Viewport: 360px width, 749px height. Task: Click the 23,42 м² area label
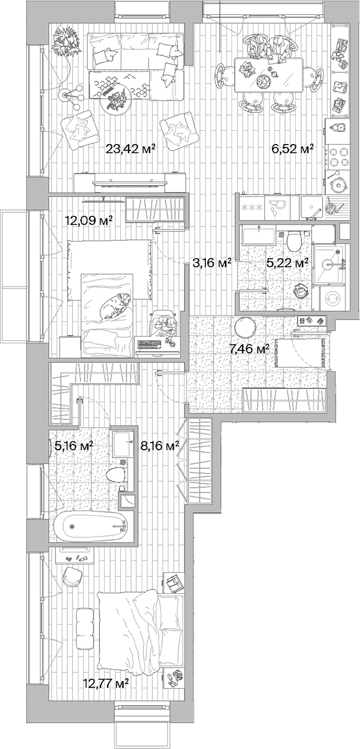pyautogui.click(x=130, y=149)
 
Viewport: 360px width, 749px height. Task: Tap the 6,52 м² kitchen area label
pyautogui.click(x=293, y=149)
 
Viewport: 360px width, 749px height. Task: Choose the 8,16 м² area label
pyautogui.click(x=159, y=446)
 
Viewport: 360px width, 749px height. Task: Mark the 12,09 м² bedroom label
pyautogui.click(x=89, y=221)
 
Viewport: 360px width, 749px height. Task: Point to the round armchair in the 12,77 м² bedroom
pyautogui.click(x=72, y=575)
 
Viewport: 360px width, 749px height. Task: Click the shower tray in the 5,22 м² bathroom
pyautogui.click(x=331, y=262)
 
